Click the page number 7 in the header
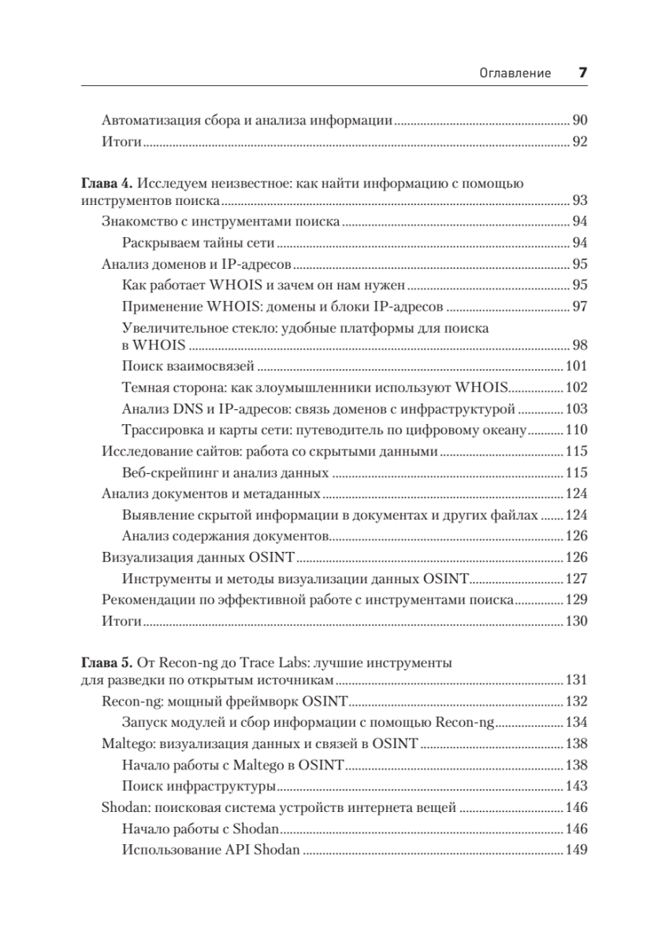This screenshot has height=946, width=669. point(583,73)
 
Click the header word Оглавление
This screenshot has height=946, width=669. point(515,74)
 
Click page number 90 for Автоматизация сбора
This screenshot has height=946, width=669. point(579,121)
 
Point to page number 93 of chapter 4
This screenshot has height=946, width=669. point(579,201)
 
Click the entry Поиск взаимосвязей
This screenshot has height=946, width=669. point(188,367)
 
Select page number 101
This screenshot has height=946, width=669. point(577,367)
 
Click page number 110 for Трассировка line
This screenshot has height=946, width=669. point(577,430)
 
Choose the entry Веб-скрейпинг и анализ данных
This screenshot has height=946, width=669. point(225,473)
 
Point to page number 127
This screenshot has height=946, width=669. point(577,579)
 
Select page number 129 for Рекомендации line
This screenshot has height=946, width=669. point(577,600)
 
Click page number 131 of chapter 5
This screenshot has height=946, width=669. point(577,680)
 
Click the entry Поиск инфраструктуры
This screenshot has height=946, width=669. point(199,786)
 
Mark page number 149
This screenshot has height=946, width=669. point(577,850)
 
